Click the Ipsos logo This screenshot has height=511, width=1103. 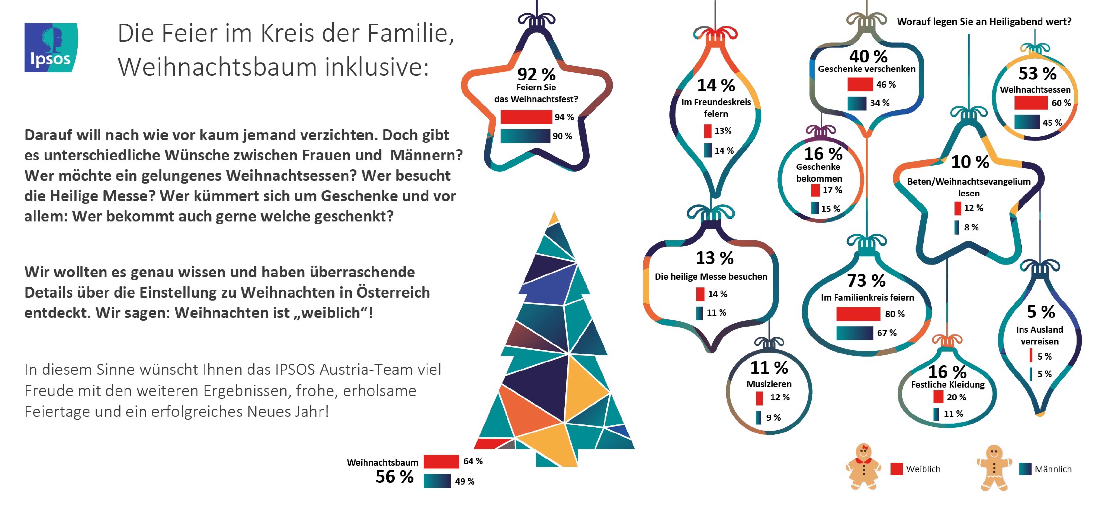[51, 47]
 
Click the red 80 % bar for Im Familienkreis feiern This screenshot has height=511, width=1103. [858, 314]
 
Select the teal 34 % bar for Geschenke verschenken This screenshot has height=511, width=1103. [857, 103]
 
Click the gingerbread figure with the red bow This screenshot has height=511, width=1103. [863, 466]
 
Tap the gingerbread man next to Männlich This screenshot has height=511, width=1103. [994, 467]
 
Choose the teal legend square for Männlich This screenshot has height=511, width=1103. [1025, 469]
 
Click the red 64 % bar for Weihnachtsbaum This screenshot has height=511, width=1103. [441, 461]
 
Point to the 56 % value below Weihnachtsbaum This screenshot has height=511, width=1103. [394, 477]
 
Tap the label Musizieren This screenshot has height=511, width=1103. [769, 384]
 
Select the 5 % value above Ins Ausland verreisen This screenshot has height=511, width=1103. [1041, 312]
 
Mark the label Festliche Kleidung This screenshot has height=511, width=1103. [948, 384]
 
